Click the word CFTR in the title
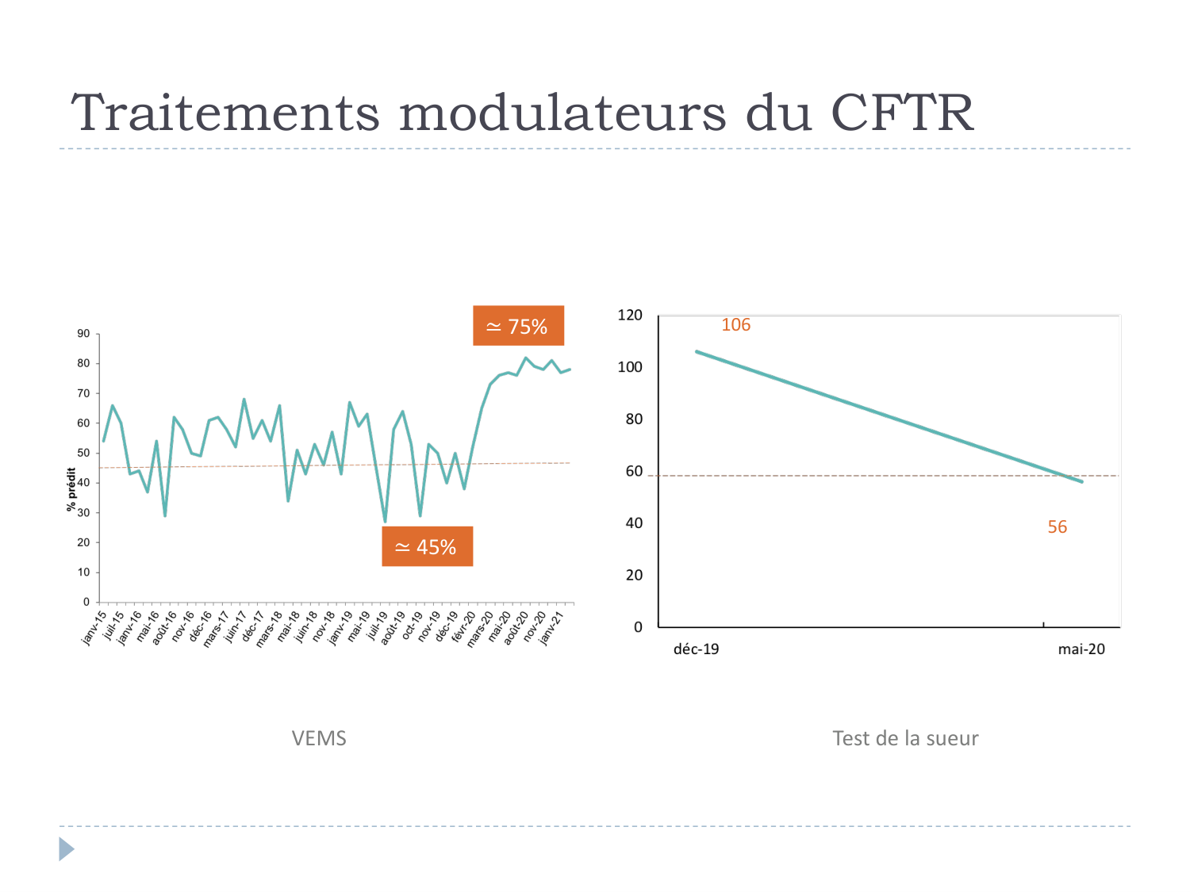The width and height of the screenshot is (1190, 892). pyautogui.click(x=902, y=113)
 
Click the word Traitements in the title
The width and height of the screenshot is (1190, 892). pyautogui.click(x=225, y=113)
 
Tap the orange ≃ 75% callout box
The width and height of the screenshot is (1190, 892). pyautogui.click(x=518, y=326)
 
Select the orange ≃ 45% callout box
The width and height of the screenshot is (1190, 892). pyautogui.click(x=427, y=546)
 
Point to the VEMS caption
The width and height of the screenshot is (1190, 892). pyautogui.click(x=319, y=738)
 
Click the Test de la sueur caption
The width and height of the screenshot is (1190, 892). pyautogui.click(x=905, y=738)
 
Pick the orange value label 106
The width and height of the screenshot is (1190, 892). pyautogui.click(x=735, y=325)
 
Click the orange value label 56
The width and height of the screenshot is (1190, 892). pyautogui.click(x=1057, y=527)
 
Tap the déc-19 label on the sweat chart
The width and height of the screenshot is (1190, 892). pyautogui.click(x=696, y=649)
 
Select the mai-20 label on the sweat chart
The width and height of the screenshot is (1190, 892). pyautogui.click(x=1081, y=649)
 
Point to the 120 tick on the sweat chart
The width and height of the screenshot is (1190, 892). pyautogui.click(x=630, y=316)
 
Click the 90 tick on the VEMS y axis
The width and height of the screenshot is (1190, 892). pyautogui.click(x=83, y=334)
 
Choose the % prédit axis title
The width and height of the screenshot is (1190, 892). pyautogui.click(x=71, y=489)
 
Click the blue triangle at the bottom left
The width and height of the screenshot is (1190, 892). pyautogui.click(x=66, y=849)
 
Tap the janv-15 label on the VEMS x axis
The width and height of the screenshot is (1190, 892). pyautogui.click(x=94, y=627)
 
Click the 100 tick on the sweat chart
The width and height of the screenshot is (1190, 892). pyautogui.click(x=630, y=367)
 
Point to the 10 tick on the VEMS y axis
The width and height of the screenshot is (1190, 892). pyautogui.click(x=83, y=572)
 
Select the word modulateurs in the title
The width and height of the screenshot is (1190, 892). pyautogui.click(x=562, y=113)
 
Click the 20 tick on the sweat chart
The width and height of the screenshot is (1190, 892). pyautogui.click(x=634, y=575)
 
